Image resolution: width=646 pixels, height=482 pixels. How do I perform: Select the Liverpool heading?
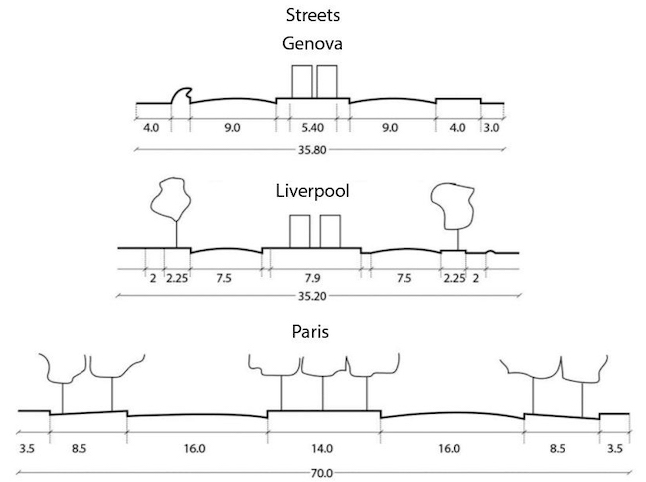point(313,190)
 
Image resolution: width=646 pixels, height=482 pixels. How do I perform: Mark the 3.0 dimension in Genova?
point(491,127)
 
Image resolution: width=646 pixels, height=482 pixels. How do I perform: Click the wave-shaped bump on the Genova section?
point(182,96)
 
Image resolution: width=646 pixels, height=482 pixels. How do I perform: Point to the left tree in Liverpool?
point(170,199)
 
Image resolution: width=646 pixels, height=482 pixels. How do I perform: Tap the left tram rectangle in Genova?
point(300,81)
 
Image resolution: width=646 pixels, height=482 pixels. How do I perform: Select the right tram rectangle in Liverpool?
point(332,231)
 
